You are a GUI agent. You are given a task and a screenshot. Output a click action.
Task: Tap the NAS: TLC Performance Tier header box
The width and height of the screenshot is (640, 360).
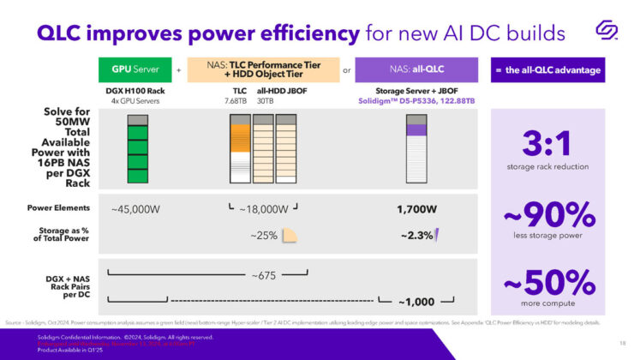click(x=262, y=69)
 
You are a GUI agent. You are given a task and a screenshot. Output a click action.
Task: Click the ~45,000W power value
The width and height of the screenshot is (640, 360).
click(x=134, y=208)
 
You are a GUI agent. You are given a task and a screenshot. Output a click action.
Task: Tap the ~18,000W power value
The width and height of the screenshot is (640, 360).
click(x=264, y=208)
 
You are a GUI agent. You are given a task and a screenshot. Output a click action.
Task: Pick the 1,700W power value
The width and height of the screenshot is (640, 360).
click(x=416, y=208)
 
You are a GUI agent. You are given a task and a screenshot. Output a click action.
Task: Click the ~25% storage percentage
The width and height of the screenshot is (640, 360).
click(x=264, y=235)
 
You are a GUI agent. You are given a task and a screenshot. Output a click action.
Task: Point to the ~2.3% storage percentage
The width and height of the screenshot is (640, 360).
click(x=417, y=235)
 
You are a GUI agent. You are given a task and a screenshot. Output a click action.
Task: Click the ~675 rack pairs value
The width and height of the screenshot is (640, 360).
click(x=264, y=275)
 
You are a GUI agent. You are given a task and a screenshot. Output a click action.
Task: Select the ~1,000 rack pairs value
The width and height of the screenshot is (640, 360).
click(x=416, y=301)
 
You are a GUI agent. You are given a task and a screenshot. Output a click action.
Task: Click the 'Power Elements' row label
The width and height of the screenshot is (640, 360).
click(x=58, y=208)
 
